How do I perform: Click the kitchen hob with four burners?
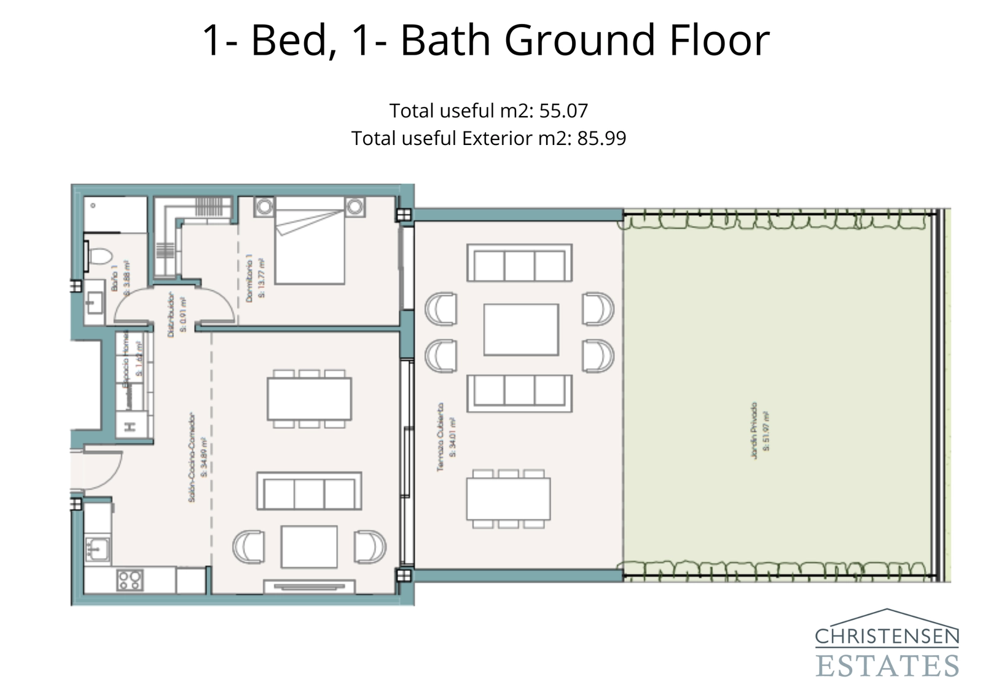click(130, 579)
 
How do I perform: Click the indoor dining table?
click(309, 399)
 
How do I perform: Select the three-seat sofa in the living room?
click(309, 491)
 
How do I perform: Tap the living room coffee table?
click(309, 546)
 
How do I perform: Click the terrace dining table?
click(508, 499)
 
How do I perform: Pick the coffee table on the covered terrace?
click(521, 329)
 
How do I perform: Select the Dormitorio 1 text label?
click(249, 278)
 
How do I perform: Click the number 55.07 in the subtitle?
click(563, 111)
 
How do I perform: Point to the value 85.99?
click(601, 138)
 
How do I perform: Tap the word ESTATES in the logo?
click(887, 666)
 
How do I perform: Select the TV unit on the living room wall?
click(309, 586)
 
